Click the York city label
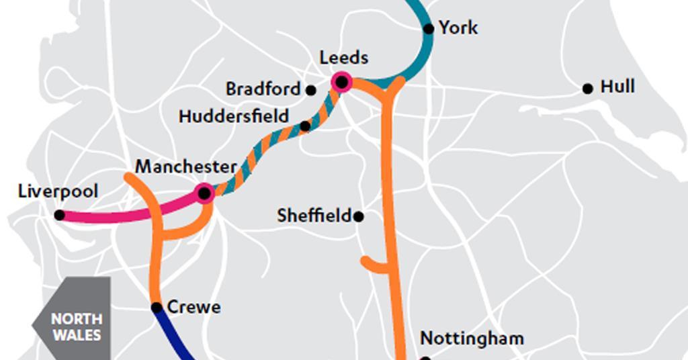[458, 28]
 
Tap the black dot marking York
[429, 28]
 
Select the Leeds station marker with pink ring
[341, 82]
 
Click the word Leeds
[343, 58]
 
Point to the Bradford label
[263, 89]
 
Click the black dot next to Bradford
[310, 89]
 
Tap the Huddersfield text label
[234, 116]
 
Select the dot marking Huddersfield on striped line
[305, 126]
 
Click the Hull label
[617, 87]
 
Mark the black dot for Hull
[587, 88]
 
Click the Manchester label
[186, 167]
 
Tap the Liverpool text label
[58, 191]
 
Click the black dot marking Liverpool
[59, 215]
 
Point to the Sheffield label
[314, 216]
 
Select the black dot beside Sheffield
[359, 216]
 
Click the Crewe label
[193, 308]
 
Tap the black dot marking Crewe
[157, 308]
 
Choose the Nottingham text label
[472, 338]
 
